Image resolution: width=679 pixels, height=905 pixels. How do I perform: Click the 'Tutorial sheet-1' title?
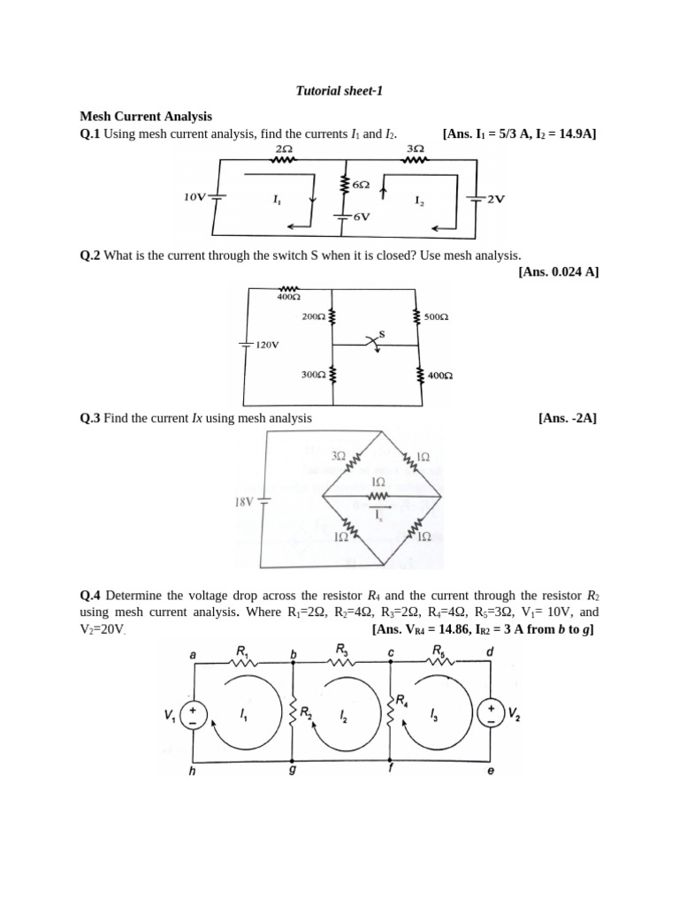click(x=339, y=91)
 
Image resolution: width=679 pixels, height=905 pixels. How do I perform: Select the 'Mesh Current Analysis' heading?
click(x=146, y=116)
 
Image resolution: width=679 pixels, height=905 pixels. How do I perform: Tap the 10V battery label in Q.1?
click(x=195, y=197)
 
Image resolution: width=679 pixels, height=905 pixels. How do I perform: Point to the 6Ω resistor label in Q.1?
click(x=362, y=185)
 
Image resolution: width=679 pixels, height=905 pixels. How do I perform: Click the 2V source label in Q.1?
click(x=495, y=200)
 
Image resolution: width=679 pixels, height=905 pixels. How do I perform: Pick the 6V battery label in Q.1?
click(x=362, y=217)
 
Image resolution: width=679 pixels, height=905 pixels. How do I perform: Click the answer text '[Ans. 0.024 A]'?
click(x=559, y=272)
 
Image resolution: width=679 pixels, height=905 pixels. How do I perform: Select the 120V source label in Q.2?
click(x=267, y=345)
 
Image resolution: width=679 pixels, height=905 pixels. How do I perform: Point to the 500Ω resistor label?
click(x=437, y=317)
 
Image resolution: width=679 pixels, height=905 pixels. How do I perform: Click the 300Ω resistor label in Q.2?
click(x=314, y=375)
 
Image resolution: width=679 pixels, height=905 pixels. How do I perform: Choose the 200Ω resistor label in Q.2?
click(x=314, y=316)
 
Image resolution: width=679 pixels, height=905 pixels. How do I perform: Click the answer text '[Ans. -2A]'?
click(x=567, y=418)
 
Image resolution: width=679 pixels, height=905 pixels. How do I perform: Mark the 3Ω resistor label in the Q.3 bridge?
click(x=339, y=456)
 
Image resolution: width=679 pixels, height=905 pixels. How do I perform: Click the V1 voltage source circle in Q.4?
click(x=194, y=715)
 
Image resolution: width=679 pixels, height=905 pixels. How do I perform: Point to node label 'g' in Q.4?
click(x=294, y=771)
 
